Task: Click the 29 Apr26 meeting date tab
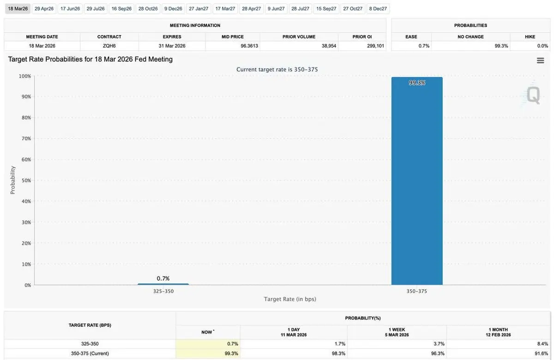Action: (44, 9)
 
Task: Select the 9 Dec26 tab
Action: (173, 9)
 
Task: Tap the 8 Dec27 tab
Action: (378, 9)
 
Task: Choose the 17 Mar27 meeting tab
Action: (225, 9)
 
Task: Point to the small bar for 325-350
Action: (163, 284)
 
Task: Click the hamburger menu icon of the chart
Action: (540, 60)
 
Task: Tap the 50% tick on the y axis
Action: (25, 180)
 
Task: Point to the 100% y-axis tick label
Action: (25, 76)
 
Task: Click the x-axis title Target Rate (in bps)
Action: (290, 299)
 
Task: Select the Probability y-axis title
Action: (12, 180)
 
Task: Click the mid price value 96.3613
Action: (249, 46)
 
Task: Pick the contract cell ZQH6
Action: (109, 46)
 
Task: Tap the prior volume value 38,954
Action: (329, 46)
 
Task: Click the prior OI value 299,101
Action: (375, 46)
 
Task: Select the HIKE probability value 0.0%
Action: (542, 46)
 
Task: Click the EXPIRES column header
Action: (172, 37)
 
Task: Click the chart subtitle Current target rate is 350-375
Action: (277, 70)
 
